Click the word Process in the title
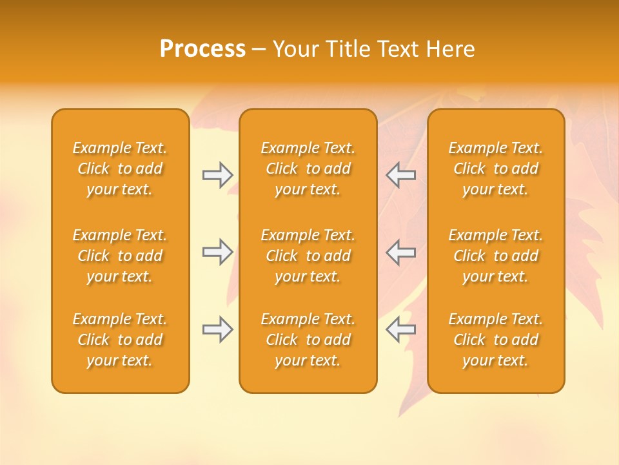202,49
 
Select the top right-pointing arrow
217,175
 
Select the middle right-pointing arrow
217,253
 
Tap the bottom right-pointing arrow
217,329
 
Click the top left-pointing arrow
400,175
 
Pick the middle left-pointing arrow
400,253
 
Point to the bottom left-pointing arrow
400,329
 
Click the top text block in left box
120,169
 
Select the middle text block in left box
120,256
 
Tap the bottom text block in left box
120,340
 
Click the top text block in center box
308,169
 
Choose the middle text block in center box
308,256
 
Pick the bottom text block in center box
308,340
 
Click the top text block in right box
495,169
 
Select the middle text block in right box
495,256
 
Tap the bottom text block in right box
495,340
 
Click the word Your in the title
296,49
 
